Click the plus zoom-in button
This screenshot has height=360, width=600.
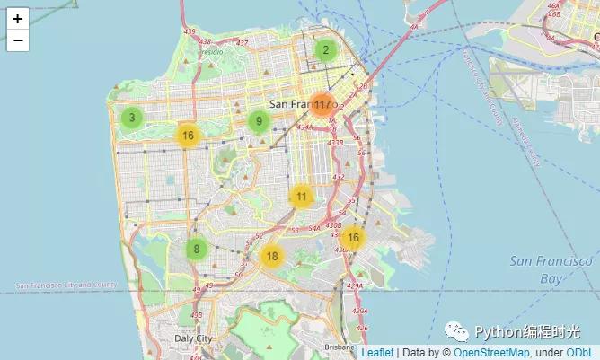click(x=17, y=18)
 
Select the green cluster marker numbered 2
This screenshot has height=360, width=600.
click(x=326, y=50)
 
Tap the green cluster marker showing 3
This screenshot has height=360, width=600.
click(x=132, y=118)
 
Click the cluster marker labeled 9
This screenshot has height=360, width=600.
click(x=259, y=122)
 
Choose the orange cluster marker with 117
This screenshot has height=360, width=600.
click(x=322, y=105)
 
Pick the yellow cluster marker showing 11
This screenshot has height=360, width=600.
click(x=301, y=197)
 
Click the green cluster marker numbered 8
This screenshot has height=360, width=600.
click(x=196, y=250)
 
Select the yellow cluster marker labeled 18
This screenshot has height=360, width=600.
click(x=271, y=256)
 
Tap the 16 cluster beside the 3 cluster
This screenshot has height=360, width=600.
click(x=187, y=136)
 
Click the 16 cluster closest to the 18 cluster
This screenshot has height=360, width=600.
click(x=353, y=238)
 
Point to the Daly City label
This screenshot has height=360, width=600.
click(x=193, y=339)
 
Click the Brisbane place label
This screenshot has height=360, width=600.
click(x=340, y=346)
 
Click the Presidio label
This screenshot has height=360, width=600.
click(x=209, y=52)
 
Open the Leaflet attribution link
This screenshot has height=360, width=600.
click(x=376, y=353)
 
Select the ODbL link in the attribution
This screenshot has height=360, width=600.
click(x=581, y=353)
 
